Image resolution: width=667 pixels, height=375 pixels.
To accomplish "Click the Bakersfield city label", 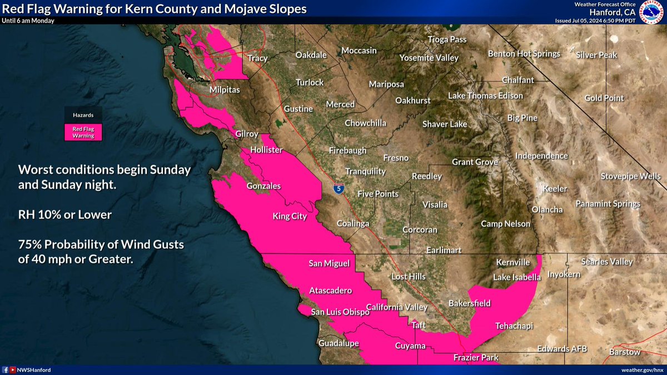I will click(x=470, y=303).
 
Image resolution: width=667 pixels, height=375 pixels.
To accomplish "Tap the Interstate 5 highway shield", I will click(x=339, y=189).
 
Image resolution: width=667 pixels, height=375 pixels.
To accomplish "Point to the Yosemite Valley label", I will click(x=429, y=58).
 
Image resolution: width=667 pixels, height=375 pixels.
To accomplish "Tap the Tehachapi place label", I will click(x=514, y=326).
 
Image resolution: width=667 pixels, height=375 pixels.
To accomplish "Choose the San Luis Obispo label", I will click(x=340, y=312).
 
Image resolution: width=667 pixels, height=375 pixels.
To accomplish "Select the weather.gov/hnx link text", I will click(x=643, y=369).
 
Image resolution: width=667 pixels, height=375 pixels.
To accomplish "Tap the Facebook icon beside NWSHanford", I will click(x=6, y=369).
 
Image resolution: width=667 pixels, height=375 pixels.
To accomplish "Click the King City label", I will click(x=290, y=216).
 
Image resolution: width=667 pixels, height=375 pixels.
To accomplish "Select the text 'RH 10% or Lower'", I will click(x=65, y=214).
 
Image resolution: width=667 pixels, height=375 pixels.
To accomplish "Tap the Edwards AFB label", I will click(x=562, y=349).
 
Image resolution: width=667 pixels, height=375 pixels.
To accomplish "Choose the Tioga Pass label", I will click(x=447, y=39).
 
